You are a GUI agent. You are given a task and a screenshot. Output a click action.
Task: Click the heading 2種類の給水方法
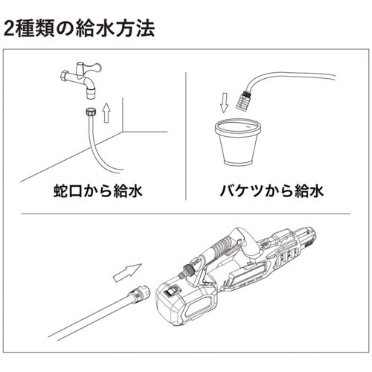tap(80, 30)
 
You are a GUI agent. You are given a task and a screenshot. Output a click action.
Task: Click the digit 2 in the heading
tap(10, 30)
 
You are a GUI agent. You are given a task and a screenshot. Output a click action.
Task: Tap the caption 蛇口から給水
tap(92, 191)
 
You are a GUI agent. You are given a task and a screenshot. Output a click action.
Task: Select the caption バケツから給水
tap(271, 191)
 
